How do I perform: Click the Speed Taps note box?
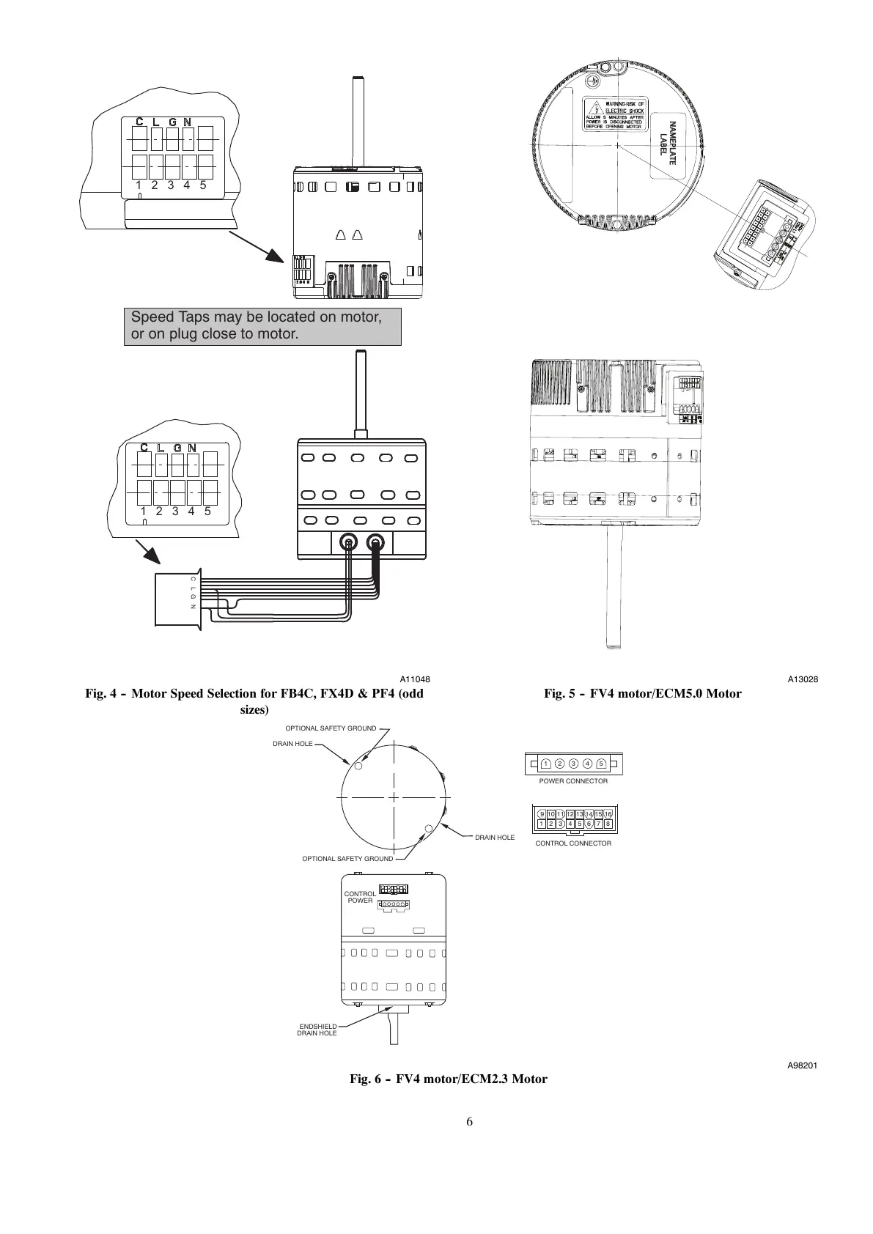point(262,326)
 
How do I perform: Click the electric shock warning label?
point(614,114)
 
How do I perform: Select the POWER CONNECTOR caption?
point(573,781)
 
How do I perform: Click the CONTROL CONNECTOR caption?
point(573,843)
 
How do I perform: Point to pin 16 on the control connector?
point(608,814)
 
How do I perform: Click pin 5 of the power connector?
point(600,764)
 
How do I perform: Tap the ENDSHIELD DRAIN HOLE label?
point(317,1030)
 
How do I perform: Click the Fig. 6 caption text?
point(448,1079)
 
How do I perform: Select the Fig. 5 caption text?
point(642,693)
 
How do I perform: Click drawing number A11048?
point(415,679)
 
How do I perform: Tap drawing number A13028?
point(803,679)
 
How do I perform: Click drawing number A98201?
point(802,1065)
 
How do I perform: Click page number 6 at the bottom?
point(469,1122)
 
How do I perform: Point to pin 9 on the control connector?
point(542,814)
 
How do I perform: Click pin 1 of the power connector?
point(546,764)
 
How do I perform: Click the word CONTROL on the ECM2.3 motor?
point(360,894)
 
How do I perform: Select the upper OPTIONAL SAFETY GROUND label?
point(330,728)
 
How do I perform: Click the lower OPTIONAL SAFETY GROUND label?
point(347,859)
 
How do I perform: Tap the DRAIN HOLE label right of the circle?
point(495,838)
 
